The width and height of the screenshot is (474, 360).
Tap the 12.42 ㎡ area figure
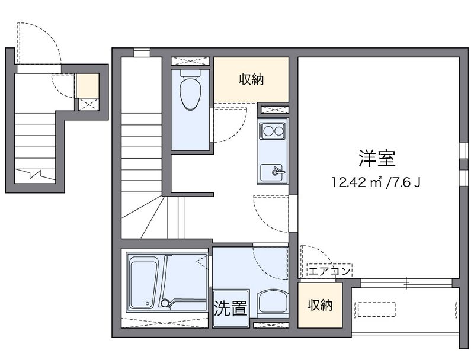[x=355, y=182]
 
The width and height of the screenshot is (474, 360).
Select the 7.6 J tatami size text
[x=406, y=182]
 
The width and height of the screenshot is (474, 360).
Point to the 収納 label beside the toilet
[x=251, y=79]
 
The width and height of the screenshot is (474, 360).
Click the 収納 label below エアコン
[x=320, y=305]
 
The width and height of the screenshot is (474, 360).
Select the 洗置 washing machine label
[x=230, y=308]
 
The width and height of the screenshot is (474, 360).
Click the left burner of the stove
[x=267, y=130]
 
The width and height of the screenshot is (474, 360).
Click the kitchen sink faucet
[x=277, y=172]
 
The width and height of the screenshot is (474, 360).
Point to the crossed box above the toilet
[x=190, y=61]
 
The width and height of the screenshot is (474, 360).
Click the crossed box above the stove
[x=273, y=110]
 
